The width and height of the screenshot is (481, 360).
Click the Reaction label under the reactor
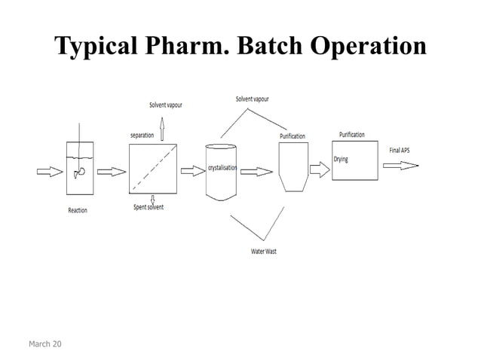click(78, 210)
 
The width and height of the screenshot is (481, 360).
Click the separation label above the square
click(142, 135)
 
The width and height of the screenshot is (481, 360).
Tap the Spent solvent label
click(149, 206)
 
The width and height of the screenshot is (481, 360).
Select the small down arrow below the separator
click(153, 199)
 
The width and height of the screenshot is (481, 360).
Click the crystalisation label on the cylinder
click(223, 167)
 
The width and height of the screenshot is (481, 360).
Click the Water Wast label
click(264, 251)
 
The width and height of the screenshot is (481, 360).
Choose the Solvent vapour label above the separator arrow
click(165, 105)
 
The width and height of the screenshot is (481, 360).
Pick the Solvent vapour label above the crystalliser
click(252, 99)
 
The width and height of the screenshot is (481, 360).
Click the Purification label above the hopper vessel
click(293, 136)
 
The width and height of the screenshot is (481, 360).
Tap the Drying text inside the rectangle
click(341, 160)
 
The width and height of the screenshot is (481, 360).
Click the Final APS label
click(400, 150)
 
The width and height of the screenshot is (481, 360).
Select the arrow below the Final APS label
click(400, 165)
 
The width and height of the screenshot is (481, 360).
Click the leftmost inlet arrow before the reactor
click(51, 171)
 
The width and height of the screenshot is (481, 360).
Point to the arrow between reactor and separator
click(112, 171)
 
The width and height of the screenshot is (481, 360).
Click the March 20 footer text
click(45, 344)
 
